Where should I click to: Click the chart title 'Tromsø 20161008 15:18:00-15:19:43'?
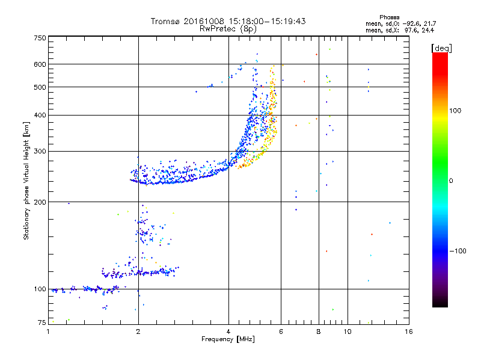[x=228, y=21]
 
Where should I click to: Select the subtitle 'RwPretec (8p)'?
[x=228, y=28]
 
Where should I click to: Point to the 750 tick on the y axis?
[x=40, y=38]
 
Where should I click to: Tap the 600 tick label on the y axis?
[x=40, y=64]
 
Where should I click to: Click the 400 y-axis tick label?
[x=40, y=116]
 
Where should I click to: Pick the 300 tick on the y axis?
[x=40, y=152]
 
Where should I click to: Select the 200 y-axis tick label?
[x=40, y=202]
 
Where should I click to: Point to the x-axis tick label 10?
[x=347, y=332]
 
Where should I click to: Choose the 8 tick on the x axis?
[x=319, y=332]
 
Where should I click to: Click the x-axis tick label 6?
[x=281, y=332]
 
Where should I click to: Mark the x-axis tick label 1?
[x=48, y=332]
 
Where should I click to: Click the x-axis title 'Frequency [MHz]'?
[x=228, y=339]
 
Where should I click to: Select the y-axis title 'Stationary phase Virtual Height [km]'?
[x=26, y=180]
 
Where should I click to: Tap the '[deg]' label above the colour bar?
[x=441, y=48]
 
